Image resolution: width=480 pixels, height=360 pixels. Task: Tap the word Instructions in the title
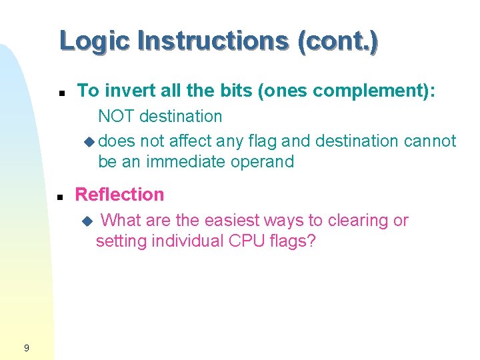pyautogui.click(x=212, y=41)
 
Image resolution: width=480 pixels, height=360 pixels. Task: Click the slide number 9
pyautogui.click(x=25, y=347)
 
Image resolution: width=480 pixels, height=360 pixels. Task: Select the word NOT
pyautogui.click(x=115, y=116)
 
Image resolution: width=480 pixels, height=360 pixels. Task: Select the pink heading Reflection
pyautogui.click(x=119, y=195)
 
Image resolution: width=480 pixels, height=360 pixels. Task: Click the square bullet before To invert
pyautogui.click(x=60, y=92)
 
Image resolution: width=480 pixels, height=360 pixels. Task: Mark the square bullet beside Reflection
pyautogui.click(x=60, y=197)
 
